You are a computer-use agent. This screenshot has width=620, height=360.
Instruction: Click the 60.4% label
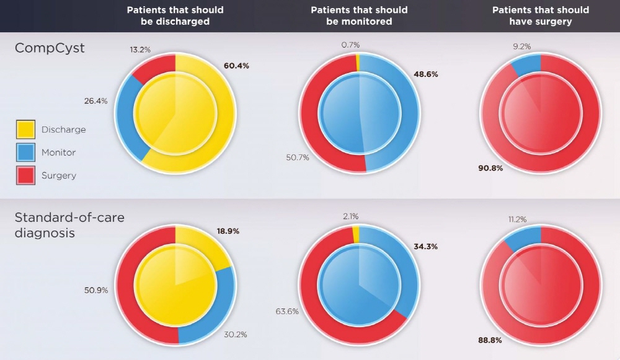(x=236, y=66)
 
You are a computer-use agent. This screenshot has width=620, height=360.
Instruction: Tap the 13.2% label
(x=140, y=49)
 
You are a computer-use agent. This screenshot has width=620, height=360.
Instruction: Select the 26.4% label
(x=95, y=100)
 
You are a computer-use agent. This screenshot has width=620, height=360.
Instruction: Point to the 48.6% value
(x=425, y=74)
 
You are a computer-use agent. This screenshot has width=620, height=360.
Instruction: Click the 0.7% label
(x=350, y=45)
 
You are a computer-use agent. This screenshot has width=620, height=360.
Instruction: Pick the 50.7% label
(x=298, y=157)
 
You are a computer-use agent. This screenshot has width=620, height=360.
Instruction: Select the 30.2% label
(x=236, y=335)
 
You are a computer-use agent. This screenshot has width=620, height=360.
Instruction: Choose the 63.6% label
(x=287, y=311)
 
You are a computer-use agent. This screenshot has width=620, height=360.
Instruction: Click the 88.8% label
(x=489, y=340)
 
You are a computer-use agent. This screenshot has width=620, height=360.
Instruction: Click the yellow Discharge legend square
(x=25, y=130)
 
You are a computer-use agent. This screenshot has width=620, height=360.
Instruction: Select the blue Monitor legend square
(x=25, y=152)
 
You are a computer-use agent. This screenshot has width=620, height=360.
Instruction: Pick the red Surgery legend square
(x=25, y=175)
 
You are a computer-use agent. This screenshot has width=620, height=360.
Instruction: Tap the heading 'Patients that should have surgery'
(x=541, y=15)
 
